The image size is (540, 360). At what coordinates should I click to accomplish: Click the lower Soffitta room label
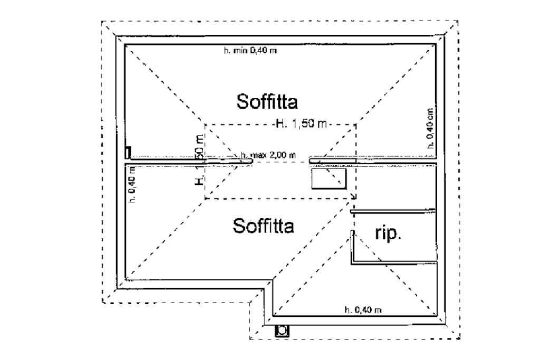tap(263, 226)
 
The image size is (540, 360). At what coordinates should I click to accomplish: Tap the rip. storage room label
tap(388, 233)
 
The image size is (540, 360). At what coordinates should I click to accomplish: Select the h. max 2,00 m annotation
tap(268, 155)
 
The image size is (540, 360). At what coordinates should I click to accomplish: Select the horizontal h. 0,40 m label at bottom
tap(363, 310)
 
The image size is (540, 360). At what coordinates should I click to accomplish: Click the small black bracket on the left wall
tap(128, 153)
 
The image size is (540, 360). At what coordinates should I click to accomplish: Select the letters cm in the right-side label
tap(430, 112)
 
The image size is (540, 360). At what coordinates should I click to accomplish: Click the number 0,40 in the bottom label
tap(364, 310)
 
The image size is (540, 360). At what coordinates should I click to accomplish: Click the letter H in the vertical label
tap(198, 180)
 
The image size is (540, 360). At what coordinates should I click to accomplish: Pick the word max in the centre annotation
tap(259, 155)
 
